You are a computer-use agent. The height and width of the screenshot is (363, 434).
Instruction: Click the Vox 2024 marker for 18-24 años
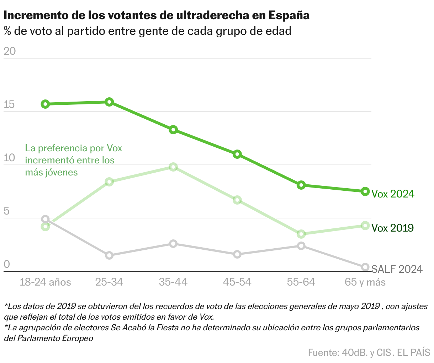(x=45, y=104)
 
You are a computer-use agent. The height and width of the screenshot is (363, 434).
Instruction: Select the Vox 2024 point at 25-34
(x=109, y=102)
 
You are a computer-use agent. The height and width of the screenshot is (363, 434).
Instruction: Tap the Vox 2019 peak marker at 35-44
(x=173, y=167)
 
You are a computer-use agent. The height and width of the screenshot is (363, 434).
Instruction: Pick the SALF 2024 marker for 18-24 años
(x=45, y=219)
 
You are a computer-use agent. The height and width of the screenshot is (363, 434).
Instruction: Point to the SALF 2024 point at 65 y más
(x=365, y=267)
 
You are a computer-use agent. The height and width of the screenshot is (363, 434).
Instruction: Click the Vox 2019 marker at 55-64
(x=301, y=234)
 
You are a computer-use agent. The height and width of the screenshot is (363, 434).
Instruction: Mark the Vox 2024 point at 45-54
(x=237, y=154)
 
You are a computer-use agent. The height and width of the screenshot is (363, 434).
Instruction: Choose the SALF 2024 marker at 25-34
(x=109, y=255)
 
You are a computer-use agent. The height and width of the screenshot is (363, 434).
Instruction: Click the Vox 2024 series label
(x=393, y=194)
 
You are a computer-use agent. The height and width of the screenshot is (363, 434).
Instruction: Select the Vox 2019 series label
(x=392, y=228)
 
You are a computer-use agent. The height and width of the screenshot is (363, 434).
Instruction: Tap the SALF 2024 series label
(x=397, y=269)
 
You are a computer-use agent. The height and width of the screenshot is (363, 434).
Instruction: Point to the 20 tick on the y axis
(x=10, y=51)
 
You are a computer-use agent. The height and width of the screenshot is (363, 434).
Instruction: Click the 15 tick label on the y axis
(x=9, y=105)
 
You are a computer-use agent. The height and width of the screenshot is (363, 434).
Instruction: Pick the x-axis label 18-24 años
(x=45, y=282)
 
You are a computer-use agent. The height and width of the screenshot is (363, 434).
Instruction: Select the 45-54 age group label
(x=237, y=282)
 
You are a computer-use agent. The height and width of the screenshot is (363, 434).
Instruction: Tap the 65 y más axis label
(x=365, y=282)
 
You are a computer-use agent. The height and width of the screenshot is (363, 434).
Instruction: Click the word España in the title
(x=289, y=16)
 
